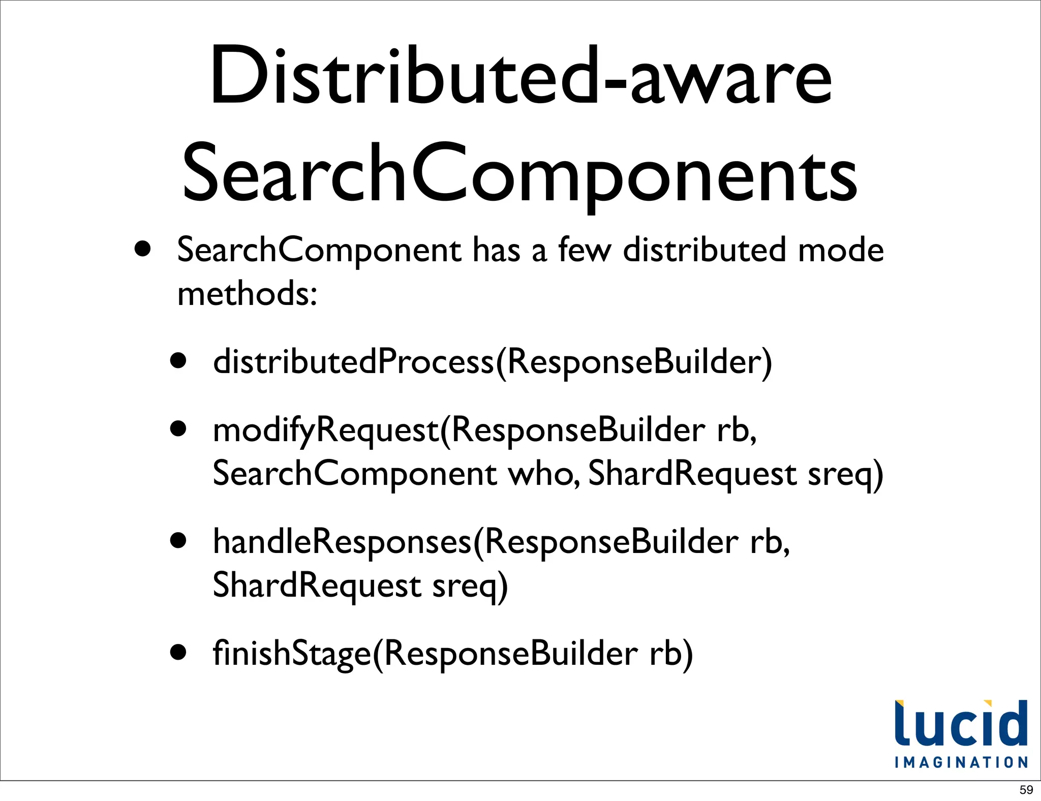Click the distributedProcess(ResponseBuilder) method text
click(492, 362)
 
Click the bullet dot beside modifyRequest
click(178, 429)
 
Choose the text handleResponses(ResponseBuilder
click(475, 542)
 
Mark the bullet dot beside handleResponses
click(178, 541)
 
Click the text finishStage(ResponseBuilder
click(425, 654)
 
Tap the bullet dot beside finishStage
click(178, 653)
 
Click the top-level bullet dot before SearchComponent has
click(143, 250)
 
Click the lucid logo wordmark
click(961, 724)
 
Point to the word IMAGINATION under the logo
click(961, 762)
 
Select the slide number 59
click(1026, 790)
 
